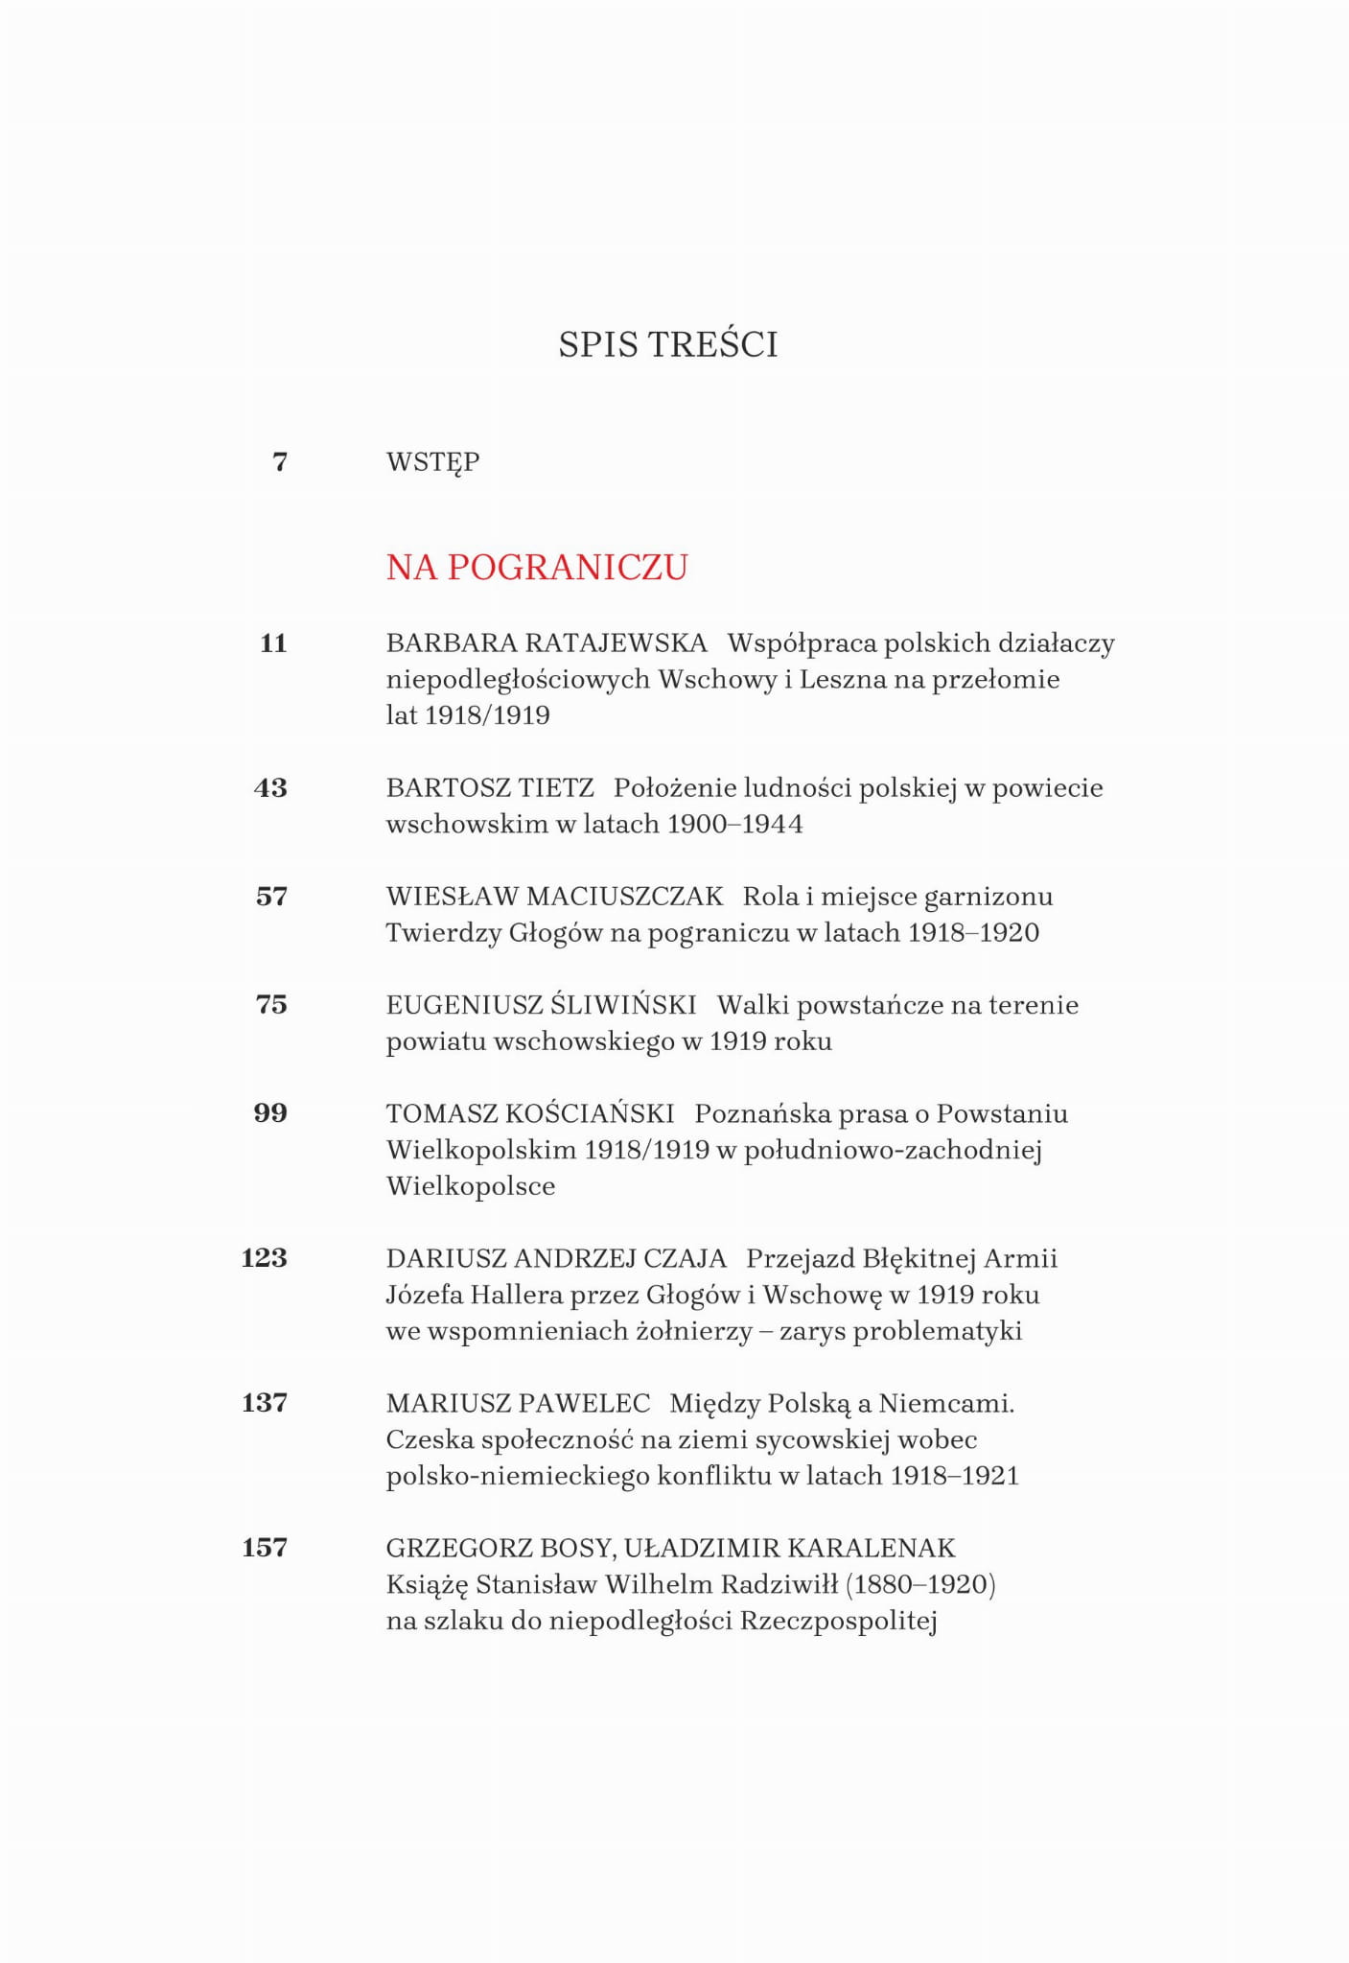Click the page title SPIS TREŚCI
(668, 344)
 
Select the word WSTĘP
(432, 462)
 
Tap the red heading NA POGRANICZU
(537, 568)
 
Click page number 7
(280, 462)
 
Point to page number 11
(273, 643)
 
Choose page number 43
(270, 788)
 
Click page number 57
(271, 897)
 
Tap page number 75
(271, 1005)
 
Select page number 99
(270, 1113)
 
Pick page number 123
(264, 1258)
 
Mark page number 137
(264, 1403)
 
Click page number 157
(264, 1548)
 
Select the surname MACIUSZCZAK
(624, 897)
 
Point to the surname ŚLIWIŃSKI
(623, 1005)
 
